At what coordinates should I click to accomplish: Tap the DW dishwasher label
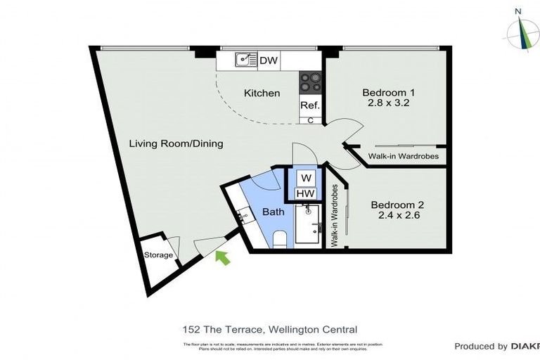tap(269, 61)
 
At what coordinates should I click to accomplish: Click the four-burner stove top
tap(310, 83)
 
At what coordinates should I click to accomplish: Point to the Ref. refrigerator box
tap(310, 105)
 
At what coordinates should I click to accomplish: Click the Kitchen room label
tap(262, 93)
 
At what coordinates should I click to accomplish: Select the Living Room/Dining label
tap(176, 143)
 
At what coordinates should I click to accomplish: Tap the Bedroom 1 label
tap(388, 92)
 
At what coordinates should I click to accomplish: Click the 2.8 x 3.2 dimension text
tap(388, 103)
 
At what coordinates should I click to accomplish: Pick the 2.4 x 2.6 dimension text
tap(398, 216)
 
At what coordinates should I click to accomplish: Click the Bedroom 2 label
tap(398, 205)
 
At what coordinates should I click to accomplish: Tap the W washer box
tap(305, 179)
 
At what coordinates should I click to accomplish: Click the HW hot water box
tap(305, 193)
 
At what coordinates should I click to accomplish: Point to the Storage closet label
tap(158, 255)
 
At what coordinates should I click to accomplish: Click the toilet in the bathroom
tap(279, 239)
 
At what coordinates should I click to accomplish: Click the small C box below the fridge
tap(310, 120)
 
